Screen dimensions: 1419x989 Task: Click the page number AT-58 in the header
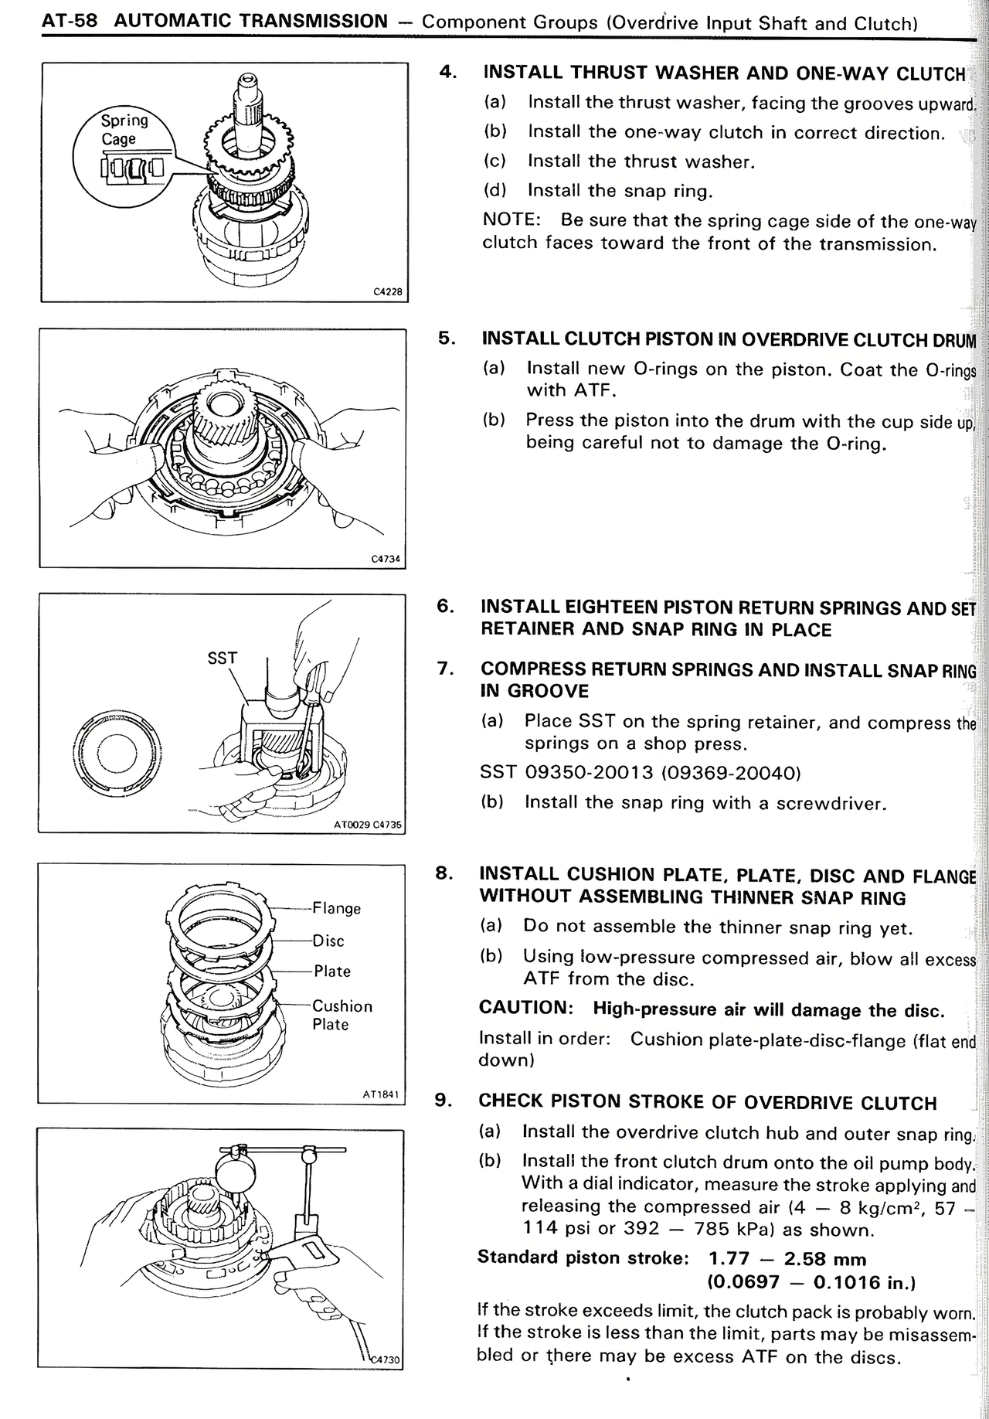(x=70, y=21)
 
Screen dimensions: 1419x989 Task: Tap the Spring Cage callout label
(x=124, y=129)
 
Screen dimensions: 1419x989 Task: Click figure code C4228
(x=388, y=292)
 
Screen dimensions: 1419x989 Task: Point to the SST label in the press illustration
(x=223, y=658)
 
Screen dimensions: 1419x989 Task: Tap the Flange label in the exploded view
(x=336, y=908)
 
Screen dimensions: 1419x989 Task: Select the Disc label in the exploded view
(x=328, y=941)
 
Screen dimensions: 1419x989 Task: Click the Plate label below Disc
(x=332, y=972)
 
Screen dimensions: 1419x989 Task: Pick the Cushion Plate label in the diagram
(x=342, y=1015)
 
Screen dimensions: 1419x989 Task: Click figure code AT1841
(x=380, y=1094)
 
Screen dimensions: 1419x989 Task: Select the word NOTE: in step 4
(x=511, y=219)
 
